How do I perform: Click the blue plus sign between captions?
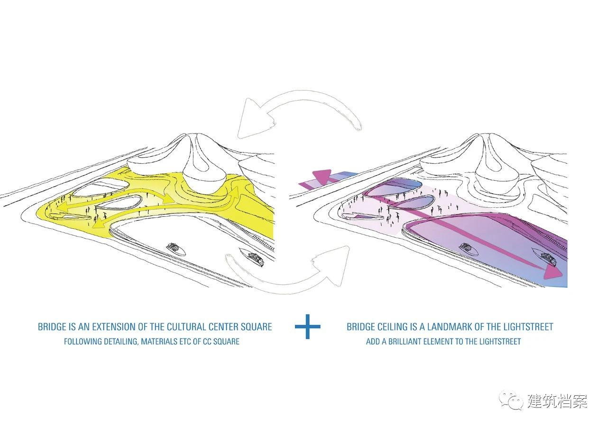coord(308,327)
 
